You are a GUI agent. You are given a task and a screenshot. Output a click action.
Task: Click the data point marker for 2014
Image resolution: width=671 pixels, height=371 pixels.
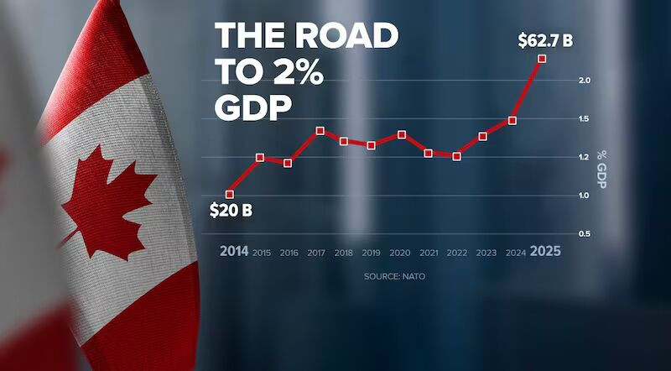tap(230, 194)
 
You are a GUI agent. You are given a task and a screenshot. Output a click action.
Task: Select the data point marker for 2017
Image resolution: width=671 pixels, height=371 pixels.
tap(320, 131)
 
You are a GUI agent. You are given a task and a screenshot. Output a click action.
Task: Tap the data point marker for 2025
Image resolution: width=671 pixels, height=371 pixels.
tap(542, 59)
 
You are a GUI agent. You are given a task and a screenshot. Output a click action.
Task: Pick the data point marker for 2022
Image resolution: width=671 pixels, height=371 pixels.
tap(456, 156)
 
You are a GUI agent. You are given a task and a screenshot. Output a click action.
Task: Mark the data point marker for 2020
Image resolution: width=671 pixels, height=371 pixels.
tap(402, 134)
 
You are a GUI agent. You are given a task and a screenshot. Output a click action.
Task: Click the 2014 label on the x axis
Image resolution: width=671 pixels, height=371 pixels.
tap(234, 251)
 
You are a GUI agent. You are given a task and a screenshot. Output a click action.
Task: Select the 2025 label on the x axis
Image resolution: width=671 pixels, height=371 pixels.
tap(544, 251)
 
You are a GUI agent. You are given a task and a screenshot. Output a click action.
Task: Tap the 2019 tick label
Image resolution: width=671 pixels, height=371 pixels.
tap(372, 252)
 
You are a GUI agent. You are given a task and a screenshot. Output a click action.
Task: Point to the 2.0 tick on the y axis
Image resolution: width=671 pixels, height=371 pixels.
tap(584, 81)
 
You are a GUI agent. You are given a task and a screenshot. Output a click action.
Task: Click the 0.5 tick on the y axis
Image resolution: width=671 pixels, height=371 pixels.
tap(584, 233)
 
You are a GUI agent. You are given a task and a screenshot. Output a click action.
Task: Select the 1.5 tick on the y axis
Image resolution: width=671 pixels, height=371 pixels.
tap(584, 119)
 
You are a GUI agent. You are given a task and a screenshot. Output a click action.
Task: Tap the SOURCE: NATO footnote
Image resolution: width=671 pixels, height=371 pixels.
tap(389, 276)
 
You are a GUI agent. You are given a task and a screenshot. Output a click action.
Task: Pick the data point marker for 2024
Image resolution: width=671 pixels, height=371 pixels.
tap(512, 121)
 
